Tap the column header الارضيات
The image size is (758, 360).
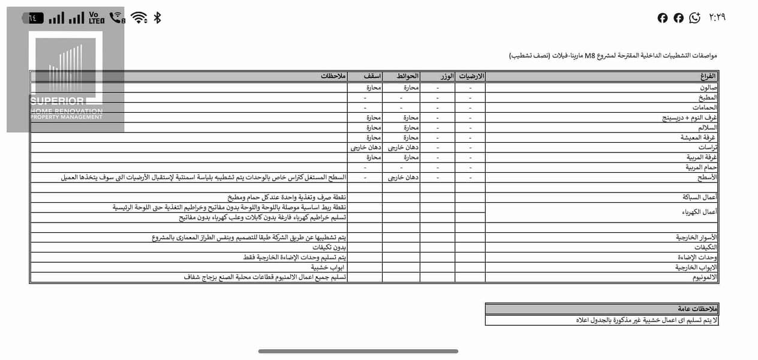[x=472, y=76]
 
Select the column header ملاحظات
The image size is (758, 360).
[x=333, y=76]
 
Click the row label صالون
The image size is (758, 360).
[x=708, y=87]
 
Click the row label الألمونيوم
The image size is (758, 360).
[x=705, y=277]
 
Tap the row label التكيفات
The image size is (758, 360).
[x=706, y=247]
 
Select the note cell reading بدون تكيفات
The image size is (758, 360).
[x=330, y=247]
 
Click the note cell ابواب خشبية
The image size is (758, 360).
[x=328, y=267]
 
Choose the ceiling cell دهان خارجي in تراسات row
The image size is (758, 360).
[x=366, y=147]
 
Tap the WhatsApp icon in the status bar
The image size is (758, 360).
[x=694, y=18]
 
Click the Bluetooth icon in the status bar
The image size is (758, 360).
[x=158, y=18]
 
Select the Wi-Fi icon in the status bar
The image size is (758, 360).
[x=139, y=18]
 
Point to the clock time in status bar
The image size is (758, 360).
[x=717, y=17]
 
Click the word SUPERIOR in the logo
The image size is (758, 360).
[x=58, y=101]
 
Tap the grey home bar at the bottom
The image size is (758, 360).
[x=358, y=351]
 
